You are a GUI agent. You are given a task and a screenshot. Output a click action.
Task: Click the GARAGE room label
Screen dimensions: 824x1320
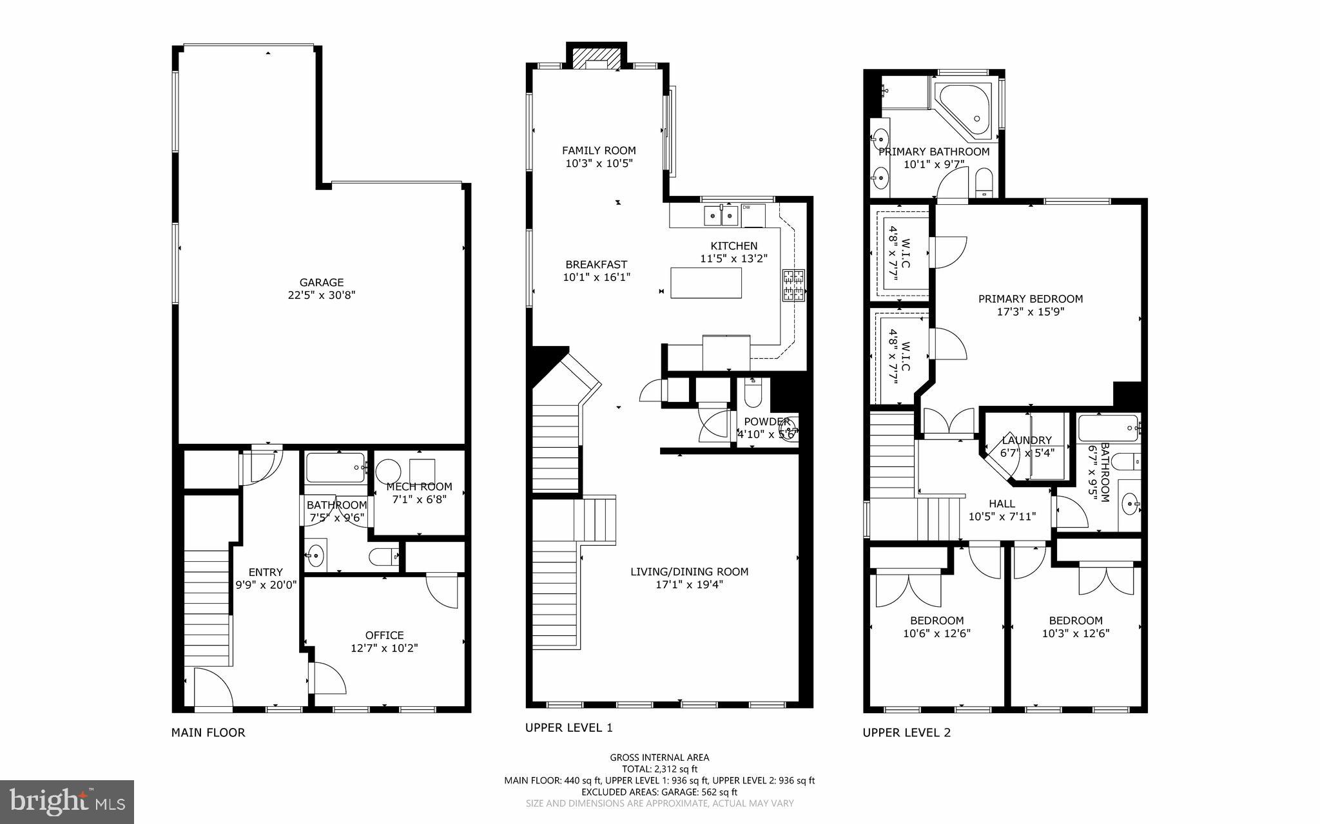pyautogui.click(x=321, y=282)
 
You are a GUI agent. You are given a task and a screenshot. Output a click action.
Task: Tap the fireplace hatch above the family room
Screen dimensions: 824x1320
pyautogui.click(x=596, y=57)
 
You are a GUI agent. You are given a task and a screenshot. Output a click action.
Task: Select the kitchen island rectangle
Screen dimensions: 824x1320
pyautogui.click(x=706, y=283)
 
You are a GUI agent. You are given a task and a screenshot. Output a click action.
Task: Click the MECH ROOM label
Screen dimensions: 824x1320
pyautogui.click(x=419, y=486)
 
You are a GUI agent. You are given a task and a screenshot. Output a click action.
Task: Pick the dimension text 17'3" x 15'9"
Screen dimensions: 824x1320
pyautogui.click(x=1030, y=312)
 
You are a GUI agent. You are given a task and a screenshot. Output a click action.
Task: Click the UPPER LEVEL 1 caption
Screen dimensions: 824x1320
pyautogui.click(x=568, y=727)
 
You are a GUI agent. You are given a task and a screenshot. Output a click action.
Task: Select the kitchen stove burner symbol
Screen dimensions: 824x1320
pyautogui.click(x=793, y=285)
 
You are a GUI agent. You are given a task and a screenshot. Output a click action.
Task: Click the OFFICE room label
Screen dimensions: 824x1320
pyautogui.click(x=384, y=635)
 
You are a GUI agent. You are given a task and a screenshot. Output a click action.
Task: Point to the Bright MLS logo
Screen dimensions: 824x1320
pyautogui.click(x=67, y=801)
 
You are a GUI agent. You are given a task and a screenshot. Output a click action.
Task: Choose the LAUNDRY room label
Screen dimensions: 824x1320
pyautogui.click(x=1026, y=440)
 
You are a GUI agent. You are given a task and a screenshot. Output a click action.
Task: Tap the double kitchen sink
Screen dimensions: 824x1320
pyautogui.click(x=721, y=216)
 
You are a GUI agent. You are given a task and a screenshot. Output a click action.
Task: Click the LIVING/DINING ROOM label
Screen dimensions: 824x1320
pyautogui.click(x=689, y=571)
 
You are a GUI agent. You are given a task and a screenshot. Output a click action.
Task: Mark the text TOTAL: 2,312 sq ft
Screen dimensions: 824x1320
pyautogui.click(x=659, y=769)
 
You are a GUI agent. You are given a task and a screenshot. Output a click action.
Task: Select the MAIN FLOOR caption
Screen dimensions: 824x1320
pyautogui.click(x=208, y=733)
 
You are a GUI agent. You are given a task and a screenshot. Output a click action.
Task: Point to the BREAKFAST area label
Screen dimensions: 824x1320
pyautogui.click(x=596, y=264)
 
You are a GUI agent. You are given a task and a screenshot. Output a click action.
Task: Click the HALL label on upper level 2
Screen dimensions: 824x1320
pyautogui.click(x=1002, y=504)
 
